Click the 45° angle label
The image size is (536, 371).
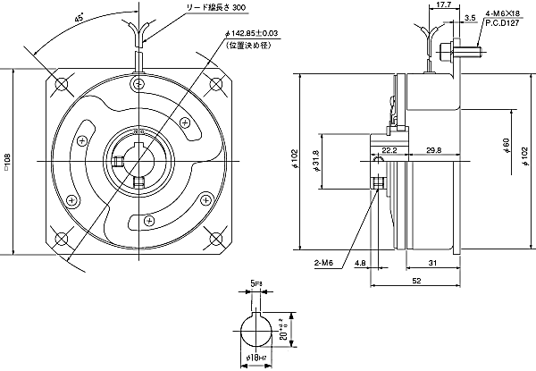point(80,19)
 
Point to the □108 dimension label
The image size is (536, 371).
point(8,162)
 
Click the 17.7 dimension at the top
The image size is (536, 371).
point(444,6)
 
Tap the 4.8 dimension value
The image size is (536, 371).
point(359,265)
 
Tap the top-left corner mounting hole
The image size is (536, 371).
point(62,84)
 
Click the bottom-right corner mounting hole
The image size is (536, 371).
point(215,238)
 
